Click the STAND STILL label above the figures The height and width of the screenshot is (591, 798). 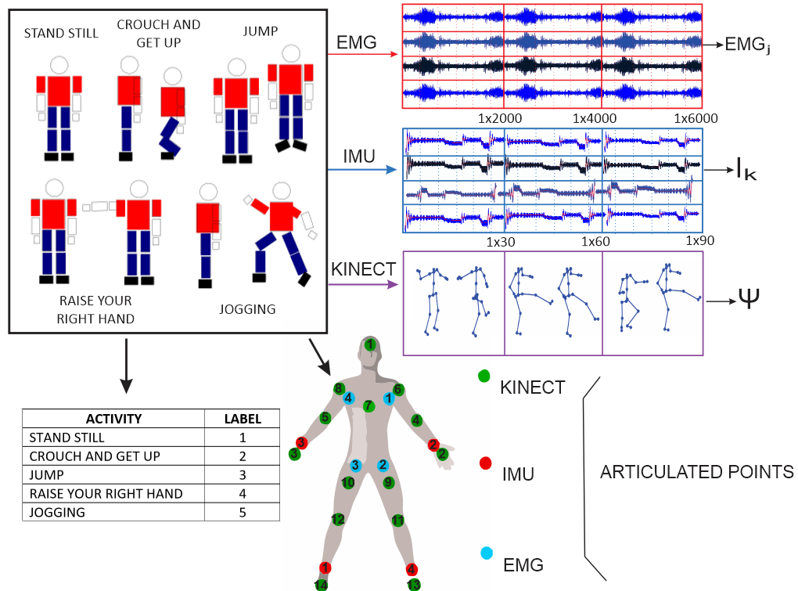[x=61, y=33]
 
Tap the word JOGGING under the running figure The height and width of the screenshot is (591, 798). [x=247, y=309]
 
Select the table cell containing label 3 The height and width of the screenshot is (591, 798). [x=242, y=475]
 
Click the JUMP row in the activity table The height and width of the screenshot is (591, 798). [x=113, y=475]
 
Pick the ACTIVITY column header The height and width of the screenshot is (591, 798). [x=113, y=419]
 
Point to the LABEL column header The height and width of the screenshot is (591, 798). [x=242, y=419]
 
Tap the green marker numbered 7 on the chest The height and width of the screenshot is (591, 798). [x=368, y=406]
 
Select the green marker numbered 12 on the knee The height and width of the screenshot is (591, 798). [x=338, y=519]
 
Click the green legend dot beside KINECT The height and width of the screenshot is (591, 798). [x=484, y=377]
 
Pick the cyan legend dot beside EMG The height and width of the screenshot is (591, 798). [x=486, y=554]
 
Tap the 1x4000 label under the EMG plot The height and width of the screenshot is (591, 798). [x=595, y=118]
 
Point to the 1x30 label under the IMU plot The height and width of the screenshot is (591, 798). [x=501, y=242]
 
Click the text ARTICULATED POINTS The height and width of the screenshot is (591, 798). [x=696, y=473]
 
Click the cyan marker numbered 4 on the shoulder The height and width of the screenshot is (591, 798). [x=349, y=399]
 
